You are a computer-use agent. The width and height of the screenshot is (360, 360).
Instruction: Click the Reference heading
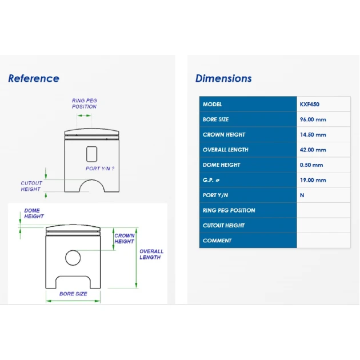pos(34,78)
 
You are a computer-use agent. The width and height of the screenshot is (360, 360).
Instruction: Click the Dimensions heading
pos(223,78)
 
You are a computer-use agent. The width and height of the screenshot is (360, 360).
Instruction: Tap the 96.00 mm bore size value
pos(313,119)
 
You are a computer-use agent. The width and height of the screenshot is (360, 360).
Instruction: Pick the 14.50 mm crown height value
pos(313,134)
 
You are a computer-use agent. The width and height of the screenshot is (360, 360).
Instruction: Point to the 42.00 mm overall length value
pos(313,150)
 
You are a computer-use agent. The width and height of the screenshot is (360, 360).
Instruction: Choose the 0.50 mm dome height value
pos(311,165)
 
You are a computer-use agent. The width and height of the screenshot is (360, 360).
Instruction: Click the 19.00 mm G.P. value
pos(313,180)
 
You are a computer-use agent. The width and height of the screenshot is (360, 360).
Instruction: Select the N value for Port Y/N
pos(302,195)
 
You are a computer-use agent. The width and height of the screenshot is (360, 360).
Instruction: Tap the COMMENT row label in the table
pos(217,241)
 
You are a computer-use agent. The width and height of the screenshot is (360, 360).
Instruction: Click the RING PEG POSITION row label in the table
pos(229,210)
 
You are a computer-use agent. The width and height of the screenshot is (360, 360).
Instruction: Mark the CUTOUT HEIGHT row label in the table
pos(223,226)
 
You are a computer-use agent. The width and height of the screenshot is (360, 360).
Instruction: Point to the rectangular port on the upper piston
pos(87,154)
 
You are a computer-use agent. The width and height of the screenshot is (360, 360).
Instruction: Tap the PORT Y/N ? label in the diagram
pos(100,169)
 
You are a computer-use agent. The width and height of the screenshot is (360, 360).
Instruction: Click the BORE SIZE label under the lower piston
pos(73,294)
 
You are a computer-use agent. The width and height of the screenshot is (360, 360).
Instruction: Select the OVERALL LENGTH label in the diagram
pos(151,254)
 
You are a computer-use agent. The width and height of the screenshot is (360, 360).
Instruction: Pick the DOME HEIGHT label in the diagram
pos(34,213)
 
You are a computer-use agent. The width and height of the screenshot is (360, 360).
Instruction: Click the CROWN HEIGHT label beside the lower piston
pos(125,238)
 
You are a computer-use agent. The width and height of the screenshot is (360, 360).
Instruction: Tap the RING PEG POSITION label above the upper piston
pos(84,103)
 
